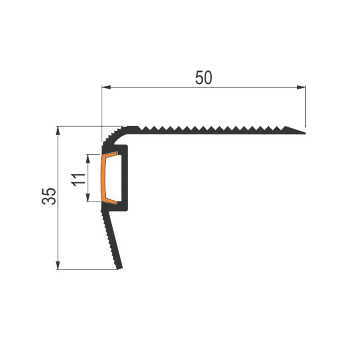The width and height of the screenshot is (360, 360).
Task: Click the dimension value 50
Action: (204, 78)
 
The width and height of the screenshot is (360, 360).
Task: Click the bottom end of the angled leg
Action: (120, 268)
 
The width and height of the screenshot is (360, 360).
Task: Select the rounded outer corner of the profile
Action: (112, 135)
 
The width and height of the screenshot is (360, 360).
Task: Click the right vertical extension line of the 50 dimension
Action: (305, 105)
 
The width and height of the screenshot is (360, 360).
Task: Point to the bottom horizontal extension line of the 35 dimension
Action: (88, 270)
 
